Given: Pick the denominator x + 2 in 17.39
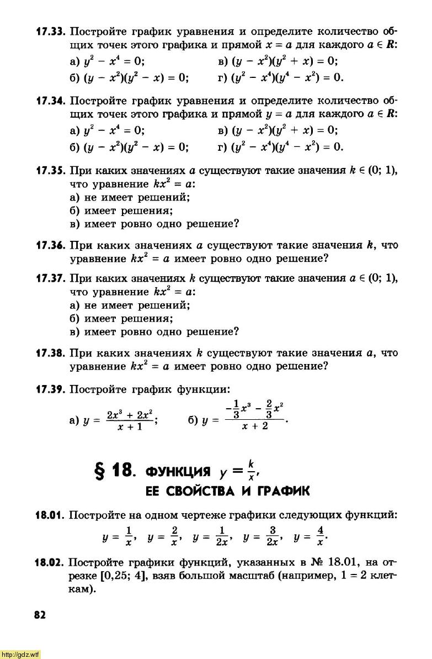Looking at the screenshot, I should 255,426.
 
